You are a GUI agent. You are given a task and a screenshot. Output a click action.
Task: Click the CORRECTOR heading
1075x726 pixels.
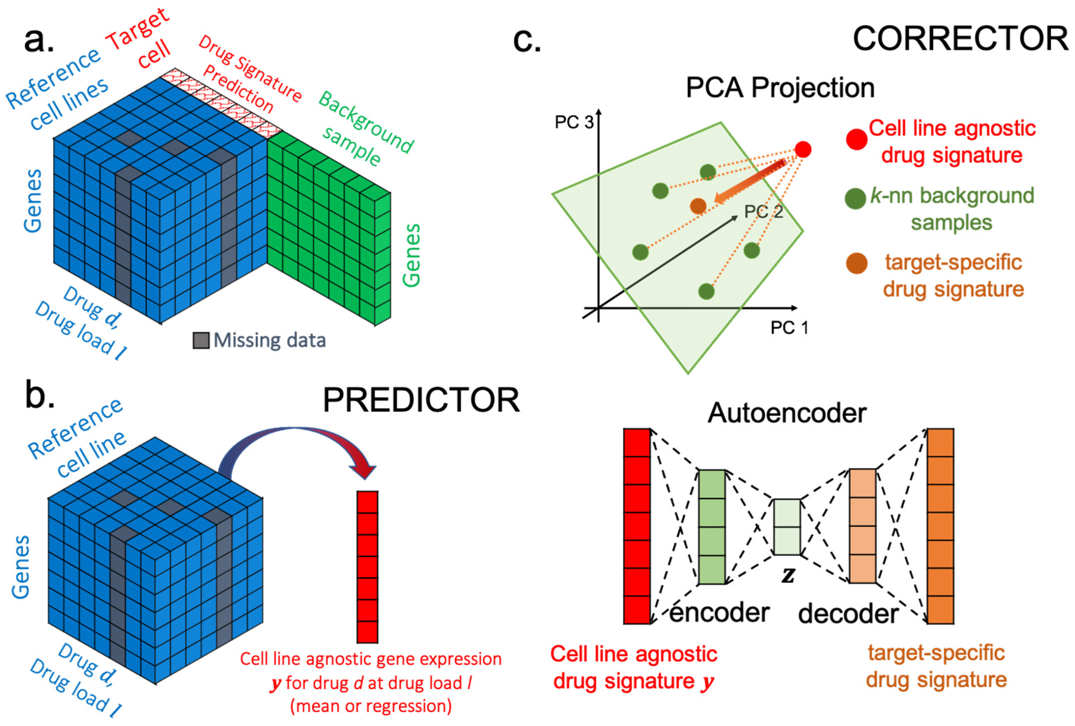click(960, 39)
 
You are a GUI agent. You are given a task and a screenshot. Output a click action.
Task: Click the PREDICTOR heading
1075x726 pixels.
click(421, 400)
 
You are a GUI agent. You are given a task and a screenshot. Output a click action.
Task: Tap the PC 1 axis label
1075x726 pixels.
click(789, 327)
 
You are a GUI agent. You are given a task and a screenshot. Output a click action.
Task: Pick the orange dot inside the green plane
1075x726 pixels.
click(698, 205)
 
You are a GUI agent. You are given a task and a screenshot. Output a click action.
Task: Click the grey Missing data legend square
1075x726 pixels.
click(201, 341)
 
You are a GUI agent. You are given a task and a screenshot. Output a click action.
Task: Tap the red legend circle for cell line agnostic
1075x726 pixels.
click(857, 139)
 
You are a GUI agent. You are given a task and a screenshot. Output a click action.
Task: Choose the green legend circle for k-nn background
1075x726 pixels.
click(855, 199)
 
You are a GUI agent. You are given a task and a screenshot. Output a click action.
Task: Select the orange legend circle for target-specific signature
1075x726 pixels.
click(857, 263)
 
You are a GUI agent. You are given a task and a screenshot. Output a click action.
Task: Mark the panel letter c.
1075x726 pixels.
click(527, 40)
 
